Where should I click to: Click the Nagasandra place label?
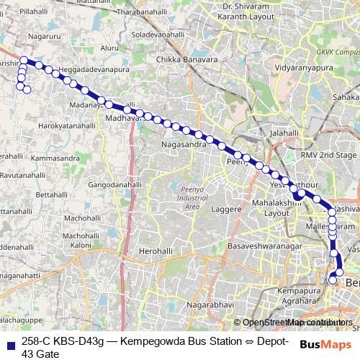pos(189,144)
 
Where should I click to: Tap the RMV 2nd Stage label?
pos(328,155)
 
